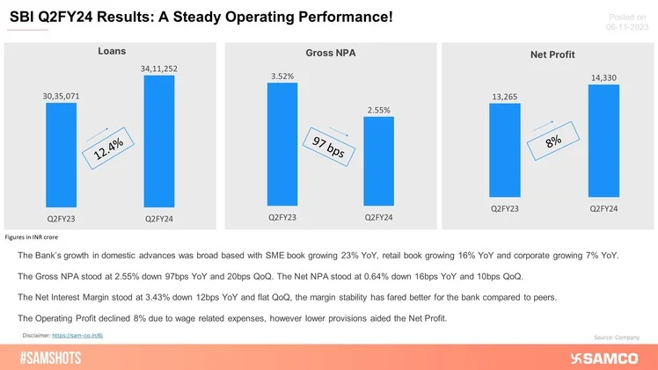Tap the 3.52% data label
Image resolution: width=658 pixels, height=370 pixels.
tap(282, 76)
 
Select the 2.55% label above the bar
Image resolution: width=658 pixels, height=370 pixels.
tap(378, 110)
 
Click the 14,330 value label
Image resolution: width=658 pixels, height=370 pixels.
tap(603, 78)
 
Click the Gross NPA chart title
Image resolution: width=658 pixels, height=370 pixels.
tap(330, 54)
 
